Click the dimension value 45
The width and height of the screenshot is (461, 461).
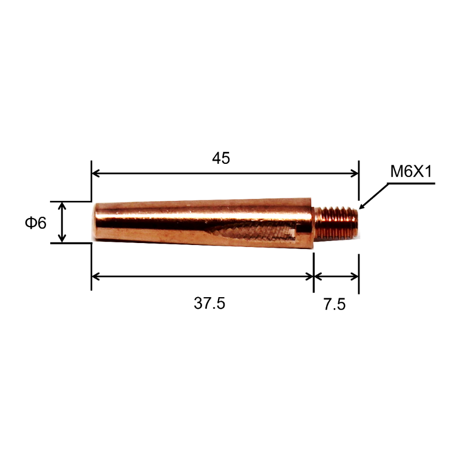pos(221,158)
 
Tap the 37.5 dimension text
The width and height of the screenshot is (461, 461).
pos(209,303)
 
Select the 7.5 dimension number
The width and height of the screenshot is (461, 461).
pos(335,304)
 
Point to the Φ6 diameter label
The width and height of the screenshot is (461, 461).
pos(36,222)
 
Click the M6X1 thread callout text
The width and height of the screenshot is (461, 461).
pos(411,171)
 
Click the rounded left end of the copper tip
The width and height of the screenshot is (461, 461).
pos(98,222)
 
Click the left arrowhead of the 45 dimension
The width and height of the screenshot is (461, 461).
pos(95,173)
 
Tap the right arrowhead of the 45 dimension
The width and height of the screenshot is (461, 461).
pos(355,173)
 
